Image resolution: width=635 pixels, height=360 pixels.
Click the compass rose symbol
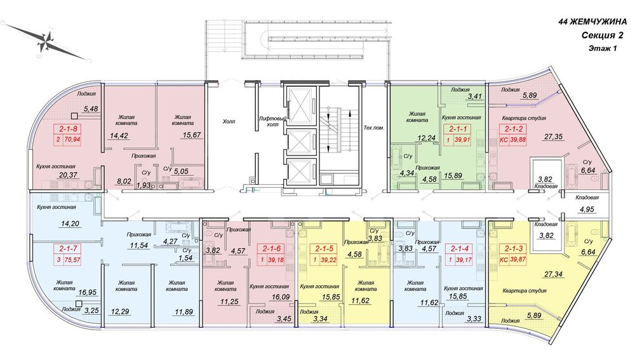point(46,41)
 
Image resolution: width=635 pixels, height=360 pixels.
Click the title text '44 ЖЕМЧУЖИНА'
point(592,22)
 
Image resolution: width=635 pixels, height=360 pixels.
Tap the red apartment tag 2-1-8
point(67,135)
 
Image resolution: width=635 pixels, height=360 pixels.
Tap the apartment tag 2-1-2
point(513,135)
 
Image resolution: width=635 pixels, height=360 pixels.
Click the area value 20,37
point(68,175)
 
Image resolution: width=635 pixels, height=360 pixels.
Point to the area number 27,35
point(553,137)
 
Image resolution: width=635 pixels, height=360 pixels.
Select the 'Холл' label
point(229,121)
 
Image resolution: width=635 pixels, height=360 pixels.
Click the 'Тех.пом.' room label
point(373,128)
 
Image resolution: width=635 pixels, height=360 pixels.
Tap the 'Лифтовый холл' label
point(272,122)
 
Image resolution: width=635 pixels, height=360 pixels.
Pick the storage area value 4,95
point(586,210)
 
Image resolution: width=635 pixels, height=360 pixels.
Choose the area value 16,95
point(86,292)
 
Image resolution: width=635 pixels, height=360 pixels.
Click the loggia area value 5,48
point(91,109)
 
